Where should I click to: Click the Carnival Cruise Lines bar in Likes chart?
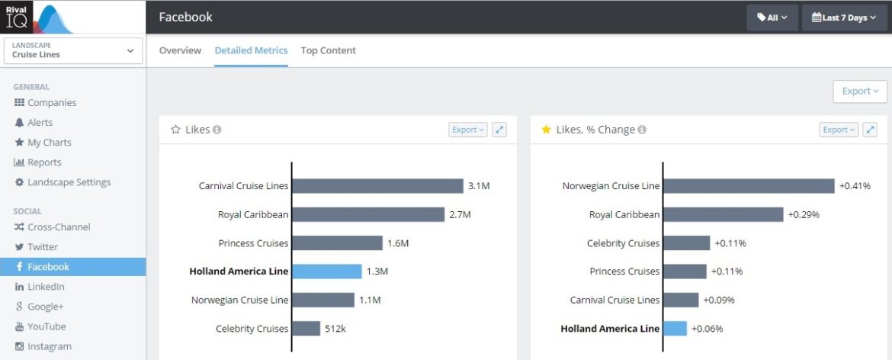pyautogui.click(x=377, y=186)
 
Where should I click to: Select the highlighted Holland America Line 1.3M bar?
pyautogui.click(x=327, y=272)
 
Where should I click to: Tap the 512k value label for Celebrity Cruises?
pyautogui.click(x=335, y=329)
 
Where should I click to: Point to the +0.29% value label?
pyautogui.click(x=803, y=215)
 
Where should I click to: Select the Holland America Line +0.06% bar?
pyautogui.click(x=675, y=329)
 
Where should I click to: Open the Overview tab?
pyautogui.click(x=180, y=50)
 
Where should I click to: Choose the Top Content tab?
pyautogui.click(x=328, y=50)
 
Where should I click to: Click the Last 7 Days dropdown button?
pyautogui.click(x=844, y=18)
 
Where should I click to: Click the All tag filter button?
pyautogui.click(x=772, y=18)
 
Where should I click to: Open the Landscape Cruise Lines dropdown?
pyautogui.click(x=73, y=50)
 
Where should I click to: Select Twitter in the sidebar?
pyautogui.click(x=43, y=247)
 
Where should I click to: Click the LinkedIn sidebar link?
pyautogui.click(x=46, y=287)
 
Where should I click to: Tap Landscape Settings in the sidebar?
pyautogui.click(x=69, y=182)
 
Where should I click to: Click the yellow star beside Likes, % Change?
pyautogui.click(x=546, y=130)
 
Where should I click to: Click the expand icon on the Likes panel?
pyautogui.click(x=499, y=130)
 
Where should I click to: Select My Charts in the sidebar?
pyautogui.click(x=49, y=143)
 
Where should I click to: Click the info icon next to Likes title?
pyautogui.click(x=217, y=130)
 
